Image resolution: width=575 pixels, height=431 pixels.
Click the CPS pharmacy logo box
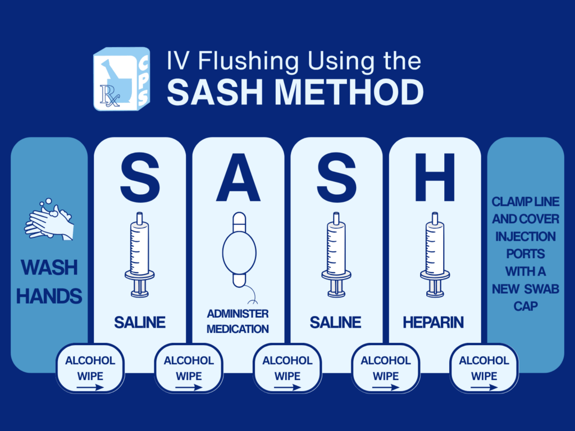point(122,79)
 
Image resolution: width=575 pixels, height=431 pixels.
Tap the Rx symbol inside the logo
point(109,96)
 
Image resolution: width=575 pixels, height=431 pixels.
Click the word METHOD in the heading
point(349,92)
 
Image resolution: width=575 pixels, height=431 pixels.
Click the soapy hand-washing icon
point(49,219)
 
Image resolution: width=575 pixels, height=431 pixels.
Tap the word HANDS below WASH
point(49,296)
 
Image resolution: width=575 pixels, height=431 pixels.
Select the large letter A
point(238,177)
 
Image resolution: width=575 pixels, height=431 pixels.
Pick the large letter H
point(435,177)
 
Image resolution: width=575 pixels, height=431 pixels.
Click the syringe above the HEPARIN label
point(435,255)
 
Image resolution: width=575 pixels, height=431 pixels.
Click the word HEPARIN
point(433,323)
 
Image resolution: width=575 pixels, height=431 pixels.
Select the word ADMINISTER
point(238,314)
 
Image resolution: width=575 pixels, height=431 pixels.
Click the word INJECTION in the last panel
point(526,236)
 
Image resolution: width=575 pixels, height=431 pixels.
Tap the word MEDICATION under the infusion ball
point(238,329)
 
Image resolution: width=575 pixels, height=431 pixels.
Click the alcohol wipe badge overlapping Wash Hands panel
point(90,368)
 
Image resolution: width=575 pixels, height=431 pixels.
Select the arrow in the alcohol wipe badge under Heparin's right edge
point(484,387)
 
